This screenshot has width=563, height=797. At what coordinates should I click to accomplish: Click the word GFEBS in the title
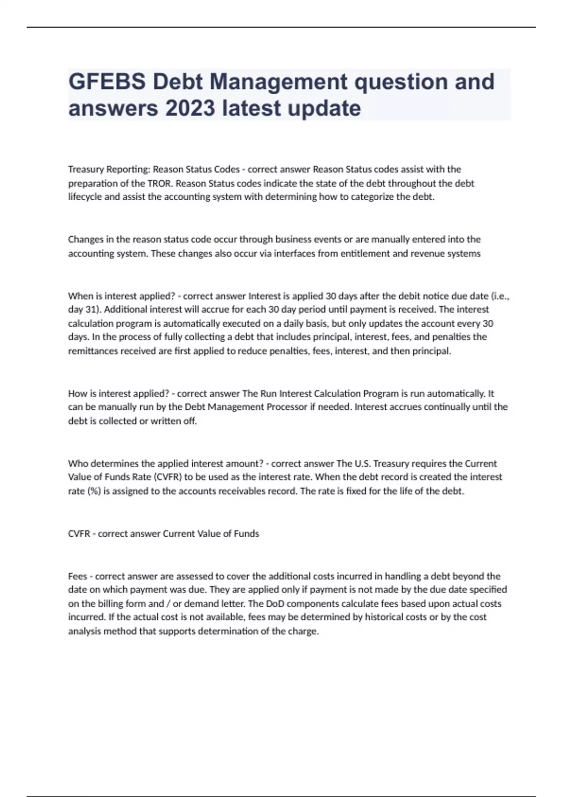pyautogui.click(x=107, y=82)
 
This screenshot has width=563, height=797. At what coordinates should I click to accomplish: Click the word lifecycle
pyautogui.click(x=85, y=197)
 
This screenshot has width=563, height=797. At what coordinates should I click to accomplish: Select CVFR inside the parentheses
pyautogui.click(x=168, y=477)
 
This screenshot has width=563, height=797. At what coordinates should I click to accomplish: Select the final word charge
pyautogui.click(x=304, y=632)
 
